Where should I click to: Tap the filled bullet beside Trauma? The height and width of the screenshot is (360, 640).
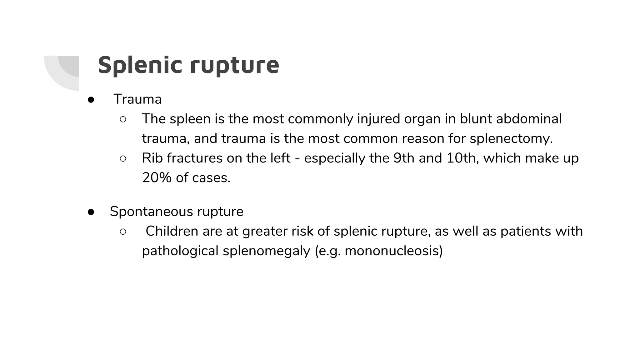click(x=91, y=100)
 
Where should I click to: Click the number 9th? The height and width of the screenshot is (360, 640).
click(x=403, y=158)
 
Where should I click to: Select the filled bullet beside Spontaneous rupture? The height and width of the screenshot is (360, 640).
click(x=91, y=212)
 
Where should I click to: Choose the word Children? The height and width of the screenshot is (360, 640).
click(x=172, y=231)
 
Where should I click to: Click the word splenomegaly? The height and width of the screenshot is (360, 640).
click(x=266, y=251)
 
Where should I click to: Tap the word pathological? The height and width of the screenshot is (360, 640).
click(x=180, y=251)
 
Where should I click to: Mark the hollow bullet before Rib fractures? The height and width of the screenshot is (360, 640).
click(x=123, y=159)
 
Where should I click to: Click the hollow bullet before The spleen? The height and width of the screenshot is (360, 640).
click(x=123, y=119)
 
